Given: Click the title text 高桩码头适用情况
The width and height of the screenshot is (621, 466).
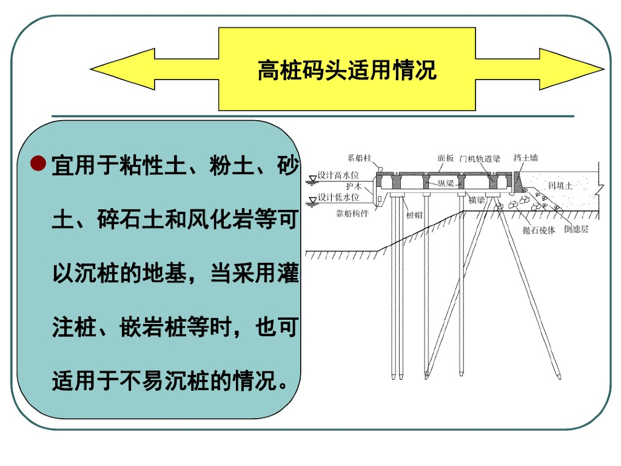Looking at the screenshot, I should (347, 70).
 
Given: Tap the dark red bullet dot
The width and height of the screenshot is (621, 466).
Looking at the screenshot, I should (38, 163).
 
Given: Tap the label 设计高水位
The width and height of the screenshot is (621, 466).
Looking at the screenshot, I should (338, 175).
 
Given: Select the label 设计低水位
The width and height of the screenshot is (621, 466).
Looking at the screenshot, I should (338, 197).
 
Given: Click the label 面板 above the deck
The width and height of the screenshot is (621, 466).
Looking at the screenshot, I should (446, 158).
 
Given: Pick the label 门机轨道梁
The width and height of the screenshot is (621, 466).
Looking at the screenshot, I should (480, 158).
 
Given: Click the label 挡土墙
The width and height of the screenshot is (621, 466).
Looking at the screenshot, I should (525, 158).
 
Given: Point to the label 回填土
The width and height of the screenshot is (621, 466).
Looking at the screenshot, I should (560, 186).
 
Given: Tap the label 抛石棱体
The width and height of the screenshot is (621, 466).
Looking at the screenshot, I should (539, 231).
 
